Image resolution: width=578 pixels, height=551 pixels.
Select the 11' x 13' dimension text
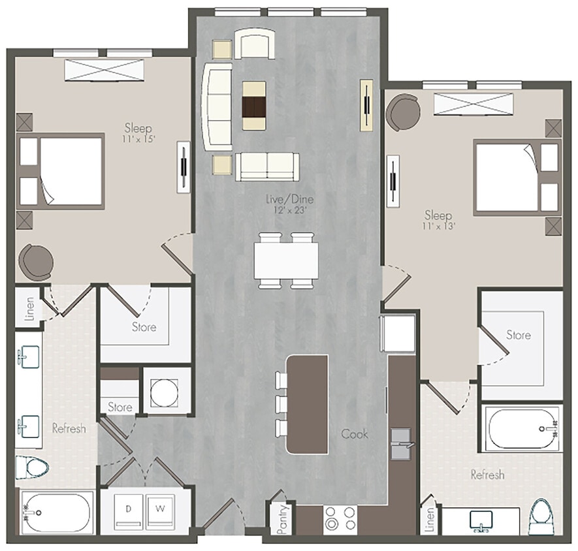439,226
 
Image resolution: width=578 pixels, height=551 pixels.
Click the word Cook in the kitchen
354,433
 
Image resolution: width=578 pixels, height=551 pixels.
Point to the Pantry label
282,520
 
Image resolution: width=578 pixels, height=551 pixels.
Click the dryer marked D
129,509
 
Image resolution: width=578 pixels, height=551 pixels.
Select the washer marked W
160,509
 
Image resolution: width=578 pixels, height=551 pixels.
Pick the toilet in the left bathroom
33,468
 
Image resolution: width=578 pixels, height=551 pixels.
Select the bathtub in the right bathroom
522,429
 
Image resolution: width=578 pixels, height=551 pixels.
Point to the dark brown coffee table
254,104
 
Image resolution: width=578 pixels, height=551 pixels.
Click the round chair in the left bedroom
34,261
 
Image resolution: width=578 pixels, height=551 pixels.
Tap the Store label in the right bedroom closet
519,335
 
